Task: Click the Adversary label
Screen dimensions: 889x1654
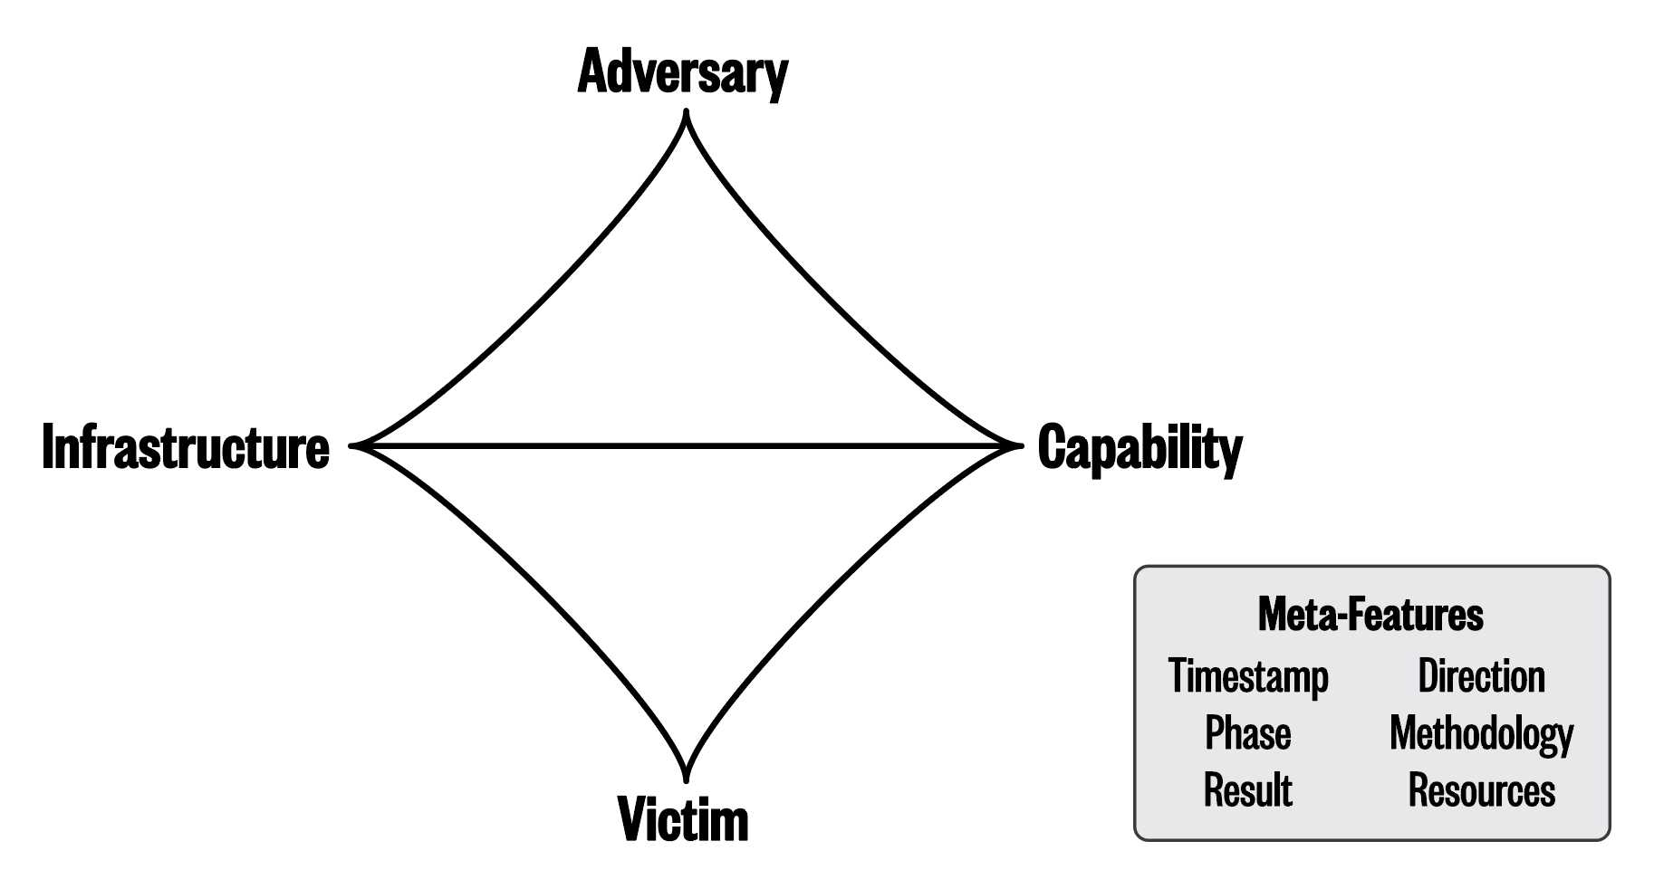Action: click(682, 72)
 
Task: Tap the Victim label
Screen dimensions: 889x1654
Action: click(683, 819)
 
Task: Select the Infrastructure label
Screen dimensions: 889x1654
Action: click(186, 447)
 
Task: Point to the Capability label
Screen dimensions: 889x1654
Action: click(1140, 447)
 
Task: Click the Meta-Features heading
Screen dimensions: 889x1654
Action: click(1370, 615)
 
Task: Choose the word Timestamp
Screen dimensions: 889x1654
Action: click(1248, 676)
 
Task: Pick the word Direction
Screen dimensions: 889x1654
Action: click(1481, 676)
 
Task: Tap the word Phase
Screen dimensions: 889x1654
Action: click(1247, 733)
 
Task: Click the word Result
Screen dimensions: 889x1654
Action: click(1247, 790)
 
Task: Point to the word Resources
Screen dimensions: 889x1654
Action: click(1481, 790)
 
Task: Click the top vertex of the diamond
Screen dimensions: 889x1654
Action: click(687, 114)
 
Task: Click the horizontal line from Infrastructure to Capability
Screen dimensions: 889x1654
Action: click(687, 445)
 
